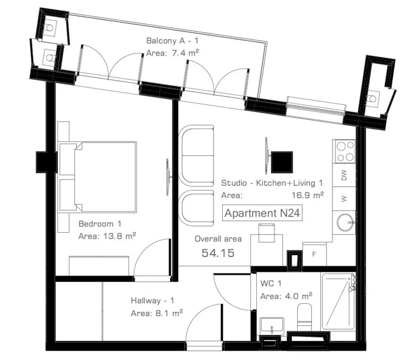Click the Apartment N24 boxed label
click(x=262, y=213)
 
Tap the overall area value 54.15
click(x=218, y=253)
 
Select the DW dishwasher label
click(x=344, y=175)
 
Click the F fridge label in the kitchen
click(x=314, y=254)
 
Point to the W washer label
click(x=344, y=199)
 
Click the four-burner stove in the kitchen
click(x=345, y=152)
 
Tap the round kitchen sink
click(x=346, y=222)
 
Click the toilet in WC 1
click(x=304, y=317)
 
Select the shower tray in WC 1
click(x=339, y=302)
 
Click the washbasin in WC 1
click(x=272, y=326)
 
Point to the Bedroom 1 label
click(x=100, y=224)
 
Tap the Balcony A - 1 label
click(x=172, y=41)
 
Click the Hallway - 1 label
click(x=153, y=300)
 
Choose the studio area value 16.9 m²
click(x=307, y=195)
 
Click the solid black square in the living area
click(x=282, y=162)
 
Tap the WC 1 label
click(x=271, y=283)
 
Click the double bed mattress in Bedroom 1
click(x=105, y=177)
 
